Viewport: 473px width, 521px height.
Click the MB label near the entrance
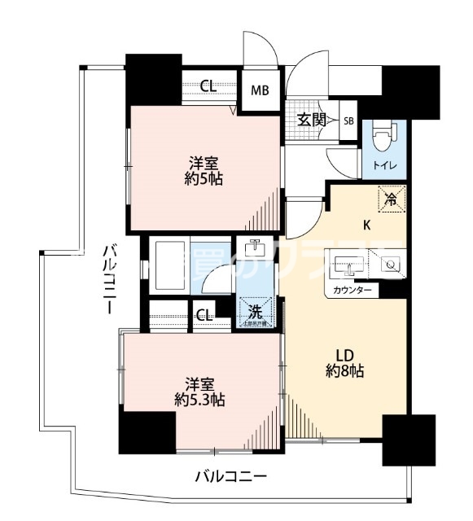click(260, 90)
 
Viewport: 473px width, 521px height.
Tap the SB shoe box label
click(348, 121)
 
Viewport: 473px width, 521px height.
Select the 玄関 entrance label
click(310, 120)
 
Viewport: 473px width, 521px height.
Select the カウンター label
click(353, 291)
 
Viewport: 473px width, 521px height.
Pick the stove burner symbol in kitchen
click(389, 264)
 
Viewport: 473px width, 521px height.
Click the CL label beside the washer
click(204, 314)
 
